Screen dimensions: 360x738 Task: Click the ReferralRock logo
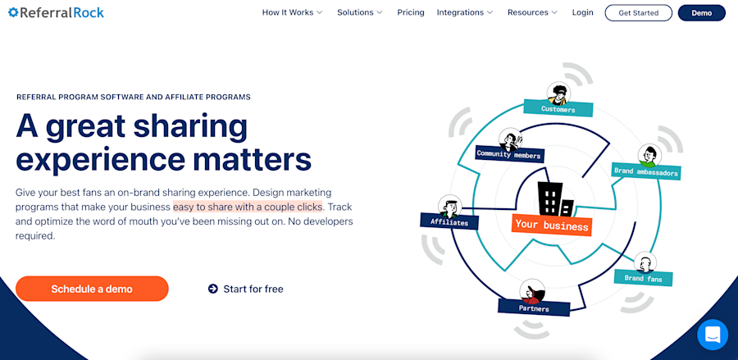pyautogui.click(x=56, y=12)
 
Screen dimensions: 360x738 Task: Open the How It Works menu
pyautogui.click(x=292, y=12)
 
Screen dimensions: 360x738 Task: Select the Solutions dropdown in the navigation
pyautogui.click(x=360, y=12)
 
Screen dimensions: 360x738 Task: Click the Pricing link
pyautogui.click(x=411, y=12)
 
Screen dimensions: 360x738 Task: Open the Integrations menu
pyautogui.click(x=465, y=12)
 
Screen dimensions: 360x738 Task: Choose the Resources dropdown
pyautogui.click(x=532, y=12)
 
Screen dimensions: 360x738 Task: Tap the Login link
pyautogui.click(x=583, y=12)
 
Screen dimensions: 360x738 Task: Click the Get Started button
pyautogui.click(x=638, y=13)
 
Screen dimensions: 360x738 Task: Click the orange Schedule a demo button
pyautogui.click(x=92, y=289)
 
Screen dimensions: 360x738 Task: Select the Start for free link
pyautogui.click(x=246, y=289)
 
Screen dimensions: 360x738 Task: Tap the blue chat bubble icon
pyautogui.click(x=712, y=335)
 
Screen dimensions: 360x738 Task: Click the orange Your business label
pyautogui.click(x=551, y=226)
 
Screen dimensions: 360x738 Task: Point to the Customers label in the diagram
pyautogui.click(x=558, y=108)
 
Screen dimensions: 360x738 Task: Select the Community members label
pyautogui.click(x=509, y=154)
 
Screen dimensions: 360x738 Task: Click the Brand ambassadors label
pyautogui.click(x=646, y=172)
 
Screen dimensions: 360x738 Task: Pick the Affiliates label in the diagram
pyautogui.click(x=449, y=221)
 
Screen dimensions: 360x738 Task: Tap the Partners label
pyautogui.click(x=534, y=308)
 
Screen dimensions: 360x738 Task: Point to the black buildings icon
pyautogui.click(x=556, y=199)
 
